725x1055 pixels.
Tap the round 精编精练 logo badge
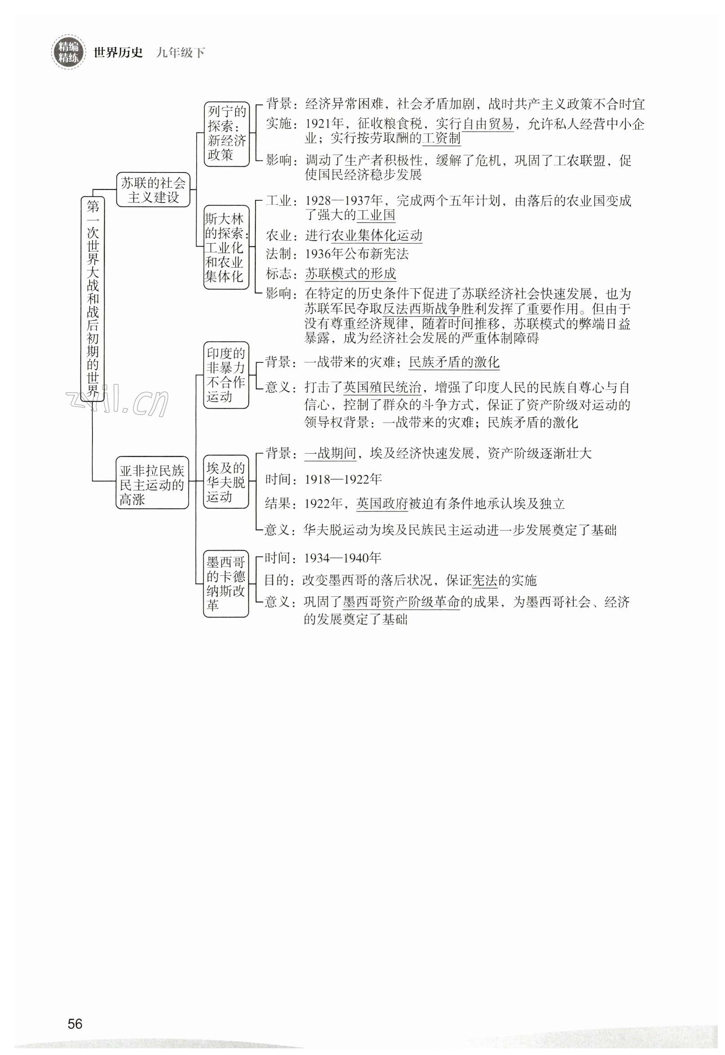68,52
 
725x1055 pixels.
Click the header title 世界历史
118,53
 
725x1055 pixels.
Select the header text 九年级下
180,53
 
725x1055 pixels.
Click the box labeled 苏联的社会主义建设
153,190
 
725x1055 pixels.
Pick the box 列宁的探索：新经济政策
226,133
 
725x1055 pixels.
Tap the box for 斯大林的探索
226,247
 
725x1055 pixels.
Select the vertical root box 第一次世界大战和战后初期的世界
92,299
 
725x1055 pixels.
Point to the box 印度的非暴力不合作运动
226,375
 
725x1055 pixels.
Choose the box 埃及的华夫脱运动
226,481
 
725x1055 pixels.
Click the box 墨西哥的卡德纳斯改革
226,583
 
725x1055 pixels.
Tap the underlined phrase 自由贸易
488,124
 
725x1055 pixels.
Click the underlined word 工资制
441,138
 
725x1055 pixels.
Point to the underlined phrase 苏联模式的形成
350,274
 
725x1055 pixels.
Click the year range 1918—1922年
343,479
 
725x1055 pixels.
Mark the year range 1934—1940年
343,558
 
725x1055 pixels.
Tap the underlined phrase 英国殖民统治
382,388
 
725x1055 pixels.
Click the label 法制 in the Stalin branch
278,254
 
